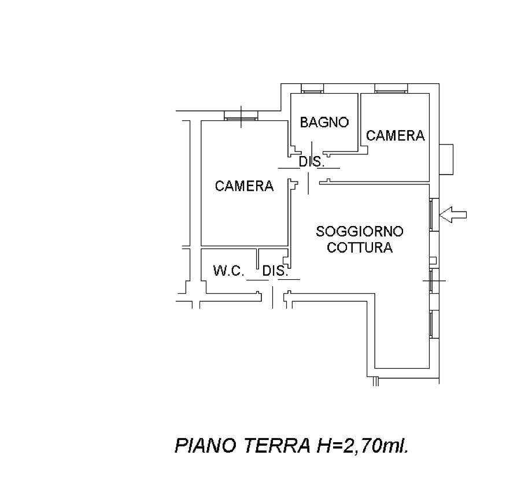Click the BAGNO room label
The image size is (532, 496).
click(324, 122)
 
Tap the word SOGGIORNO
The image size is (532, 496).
click(360, 231)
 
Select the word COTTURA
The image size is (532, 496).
click(360, 247)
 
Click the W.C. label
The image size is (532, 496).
click(228, 271)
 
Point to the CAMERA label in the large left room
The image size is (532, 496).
click(244, 186)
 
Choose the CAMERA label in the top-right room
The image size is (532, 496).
click(396, 136)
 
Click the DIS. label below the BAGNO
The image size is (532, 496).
click(312, 162)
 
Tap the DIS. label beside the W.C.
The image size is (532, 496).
click(275, 271)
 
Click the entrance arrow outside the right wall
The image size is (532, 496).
click(453, 214)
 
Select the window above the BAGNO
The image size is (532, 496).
click(312, 88)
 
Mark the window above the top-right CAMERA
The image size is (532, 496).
click(390, 88)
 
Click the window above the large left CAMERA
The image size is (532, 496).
click(241, 116)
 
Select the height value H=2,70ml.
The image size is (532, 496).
click(363, 446)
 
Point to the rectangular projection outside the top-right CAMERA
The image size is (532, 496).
click(446, 160)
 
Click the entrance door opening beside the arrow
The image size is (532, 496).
click(434, 214)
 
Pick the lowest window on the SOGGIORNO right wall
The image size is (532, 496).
click(434, 324)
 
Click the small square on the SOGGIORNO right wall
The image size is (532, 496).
click(433, 261)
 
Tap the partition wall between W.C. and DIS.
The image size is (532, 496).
click(257, 259)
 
